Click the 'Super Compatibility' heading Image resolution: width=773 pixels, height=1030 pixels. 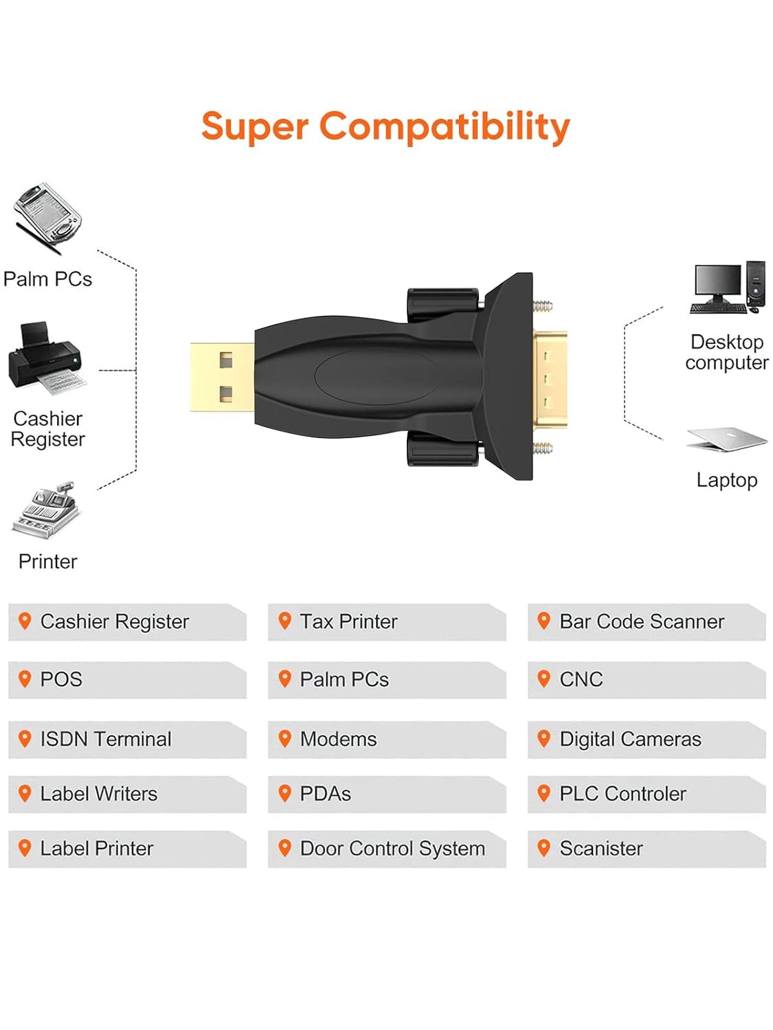(x=385, y=127)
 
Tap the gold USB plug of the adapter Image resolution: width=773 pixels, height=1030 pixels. (x=222, y=378)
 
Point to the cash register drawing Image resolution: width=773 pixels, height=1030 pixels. (x=51, y=510)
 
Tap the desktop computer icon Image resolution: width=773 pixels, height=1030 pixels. (x=727, y=288)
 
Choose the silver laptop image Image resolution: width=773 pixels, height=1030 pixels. (x=726, y=439)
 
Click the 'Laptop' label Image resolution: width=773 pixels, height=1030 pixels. (x=726, y=481)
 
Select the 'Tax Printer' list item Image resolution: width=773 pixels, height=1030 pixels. (x=348, y=621)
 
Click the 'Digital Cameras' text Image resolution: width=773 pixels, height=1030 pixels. (x=630, y=739)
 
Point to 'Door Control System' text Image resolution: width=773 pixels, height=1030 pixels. (x=392, y=849)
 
